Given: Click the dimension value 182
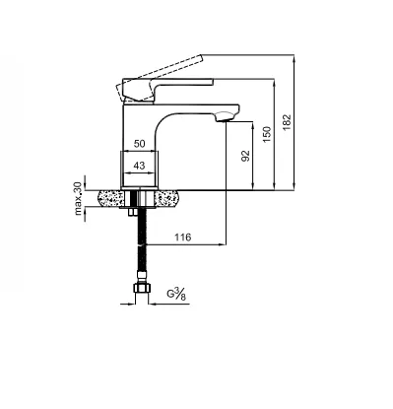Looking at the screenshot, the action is click(x=287, y=122).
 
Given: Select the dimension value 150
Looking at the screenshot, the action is click(x=267, y=134).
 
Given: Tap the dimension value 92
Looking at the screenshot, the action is click(x=245, y=156).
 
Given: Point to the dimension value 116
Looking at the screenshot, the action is click(x=182, y=237).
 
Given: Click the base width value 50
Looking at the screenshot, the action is click(x=139, y=144).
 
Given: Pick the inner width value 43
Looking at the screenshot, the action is click(x=139, y=166).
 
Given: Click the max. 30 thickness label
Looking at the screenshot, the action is click(x=78, y=198).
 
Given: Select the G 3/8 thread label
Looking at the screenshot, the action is click(x=176, y=294).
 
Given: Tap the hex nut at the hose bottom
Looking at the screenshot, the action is click(x=142, y=288).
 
